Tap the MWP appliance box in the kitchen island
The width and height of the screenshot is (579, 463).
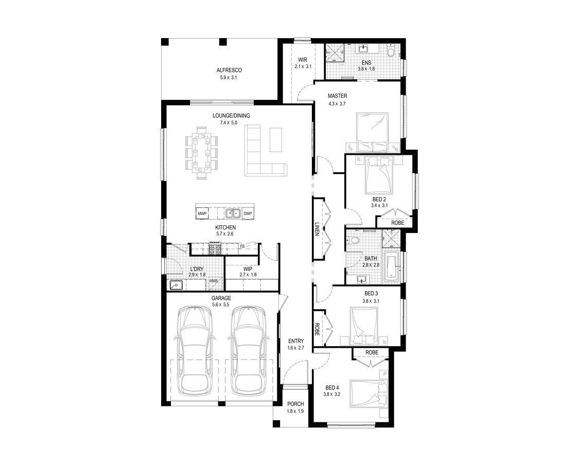coord(202,213)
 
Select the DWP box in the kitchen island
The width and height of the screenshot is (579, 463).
coord(248,213)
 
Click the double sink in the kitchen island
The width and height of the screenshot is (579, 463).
coord(233,213)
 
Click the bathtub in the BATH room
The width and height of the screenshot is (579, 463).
coord(390,266)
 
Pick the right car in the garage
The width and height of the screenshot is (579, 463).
coord(249,350)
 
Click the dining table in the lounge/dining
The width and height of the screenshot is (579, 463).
coord(201,152)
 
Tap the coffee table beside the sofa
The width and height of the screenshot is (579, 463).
coord(275,139)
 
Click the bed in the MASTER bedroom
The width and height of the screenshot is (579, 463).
coord(372,132)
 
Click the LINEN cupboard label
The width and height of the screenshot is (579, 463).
coord(317,229)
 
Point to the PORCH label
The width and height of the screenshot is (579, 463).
coord(295,404)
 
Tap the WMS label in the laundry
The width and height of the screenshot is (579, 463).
coord(214,280)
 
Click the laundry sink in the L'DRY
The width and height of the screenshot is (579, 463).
coord(176,285)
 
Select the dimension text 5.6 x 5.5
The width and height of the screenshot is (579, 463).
coord(221,305)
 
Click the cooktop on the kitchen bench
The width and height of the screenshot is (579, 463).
coord(216,249)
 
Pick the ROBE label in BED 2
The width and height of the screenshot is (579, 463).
coord(398,223)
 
